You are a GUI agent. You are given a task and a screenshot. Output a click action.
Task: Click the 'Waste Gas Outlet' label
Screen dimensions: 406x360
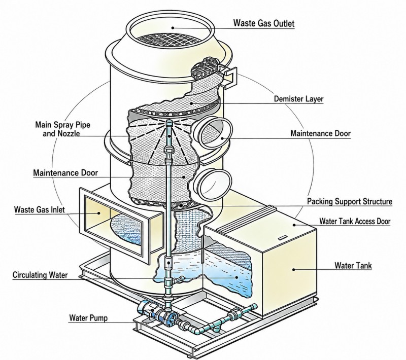coord(264,23)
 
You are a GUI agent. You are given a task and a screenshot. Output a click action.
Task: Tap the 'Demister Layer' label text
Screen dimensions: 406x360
coord(299,99)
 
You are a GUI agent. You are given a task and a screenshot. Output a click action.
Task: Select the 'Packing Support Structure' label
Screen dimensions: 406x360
coord(350,201)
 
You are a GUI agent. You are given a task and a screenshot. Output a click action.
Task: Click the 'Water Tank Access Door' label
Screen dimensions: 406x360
coord(355,221)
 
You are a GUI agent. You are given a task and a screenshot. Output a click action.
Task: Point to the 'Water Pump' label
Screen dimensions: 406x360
coord(88,317)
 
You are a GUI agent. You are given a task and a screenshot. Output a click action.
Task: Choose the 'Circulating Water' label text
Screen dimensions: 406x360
coord(40,275)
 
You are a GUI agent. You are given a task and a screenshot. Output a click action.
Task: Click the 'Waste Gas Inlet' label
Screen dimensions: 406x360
coord(40,209)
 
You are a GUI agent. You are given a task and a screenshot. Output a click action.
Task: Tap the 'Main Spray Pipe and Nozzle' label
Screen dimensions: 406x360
coord(62,129)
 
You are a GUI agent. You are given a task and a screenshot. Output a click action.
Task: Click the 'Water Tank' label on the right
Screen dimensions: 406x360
coord(353,265)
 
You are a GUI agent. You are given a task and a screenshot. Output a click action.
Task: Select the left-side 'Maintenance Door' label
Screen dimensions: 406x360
coord(65,172)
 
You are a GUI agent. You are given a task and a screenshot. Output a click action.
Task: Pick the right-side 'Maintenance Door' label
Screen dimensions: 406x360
coord(321,133)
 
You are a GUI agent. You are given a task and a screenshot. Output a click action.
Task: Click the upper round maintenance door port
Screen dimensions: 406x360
coord(212,133)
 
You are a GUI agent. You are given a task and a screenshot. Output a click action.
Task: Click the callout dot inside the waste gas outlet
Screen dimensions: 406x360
coord(172,28)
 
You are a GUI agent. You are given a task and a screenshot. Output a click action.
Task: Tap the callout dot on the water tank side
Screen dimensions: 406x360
coord(294,269)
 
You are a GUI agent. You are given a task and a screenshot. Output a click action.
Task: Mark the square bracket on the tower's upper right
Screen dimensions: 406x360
coord(230,77)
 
